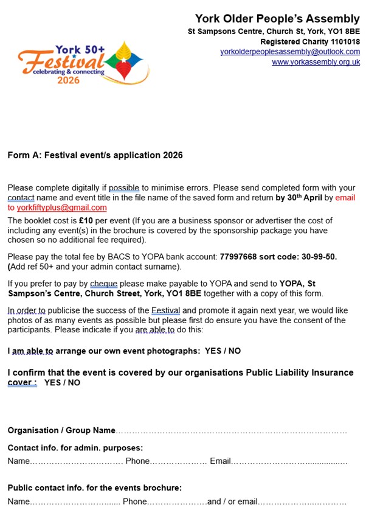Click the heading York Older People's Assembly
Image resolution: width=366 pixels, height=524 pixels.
point(277,19)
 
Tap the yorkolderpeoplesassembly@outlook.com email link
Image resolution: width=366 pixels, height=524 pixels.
point(290,52)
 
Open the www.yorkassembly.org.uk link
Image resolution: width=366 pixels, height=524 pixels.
point(316,62)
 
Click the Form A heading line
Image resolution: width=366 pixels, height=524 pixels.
point(95,155)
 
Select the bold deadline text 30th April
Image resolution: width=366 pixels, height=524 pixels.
point(299,198)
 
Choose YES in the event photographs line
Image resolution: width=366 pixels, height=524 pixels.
point(213,351)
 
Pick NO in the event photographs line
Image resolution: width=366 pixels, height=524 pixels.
point(234,351)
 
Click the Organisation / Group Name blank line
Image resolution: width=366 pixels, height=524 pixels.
point(231,431)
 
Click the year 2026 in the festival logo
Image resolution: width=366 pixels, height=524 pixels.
point(68,80)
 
